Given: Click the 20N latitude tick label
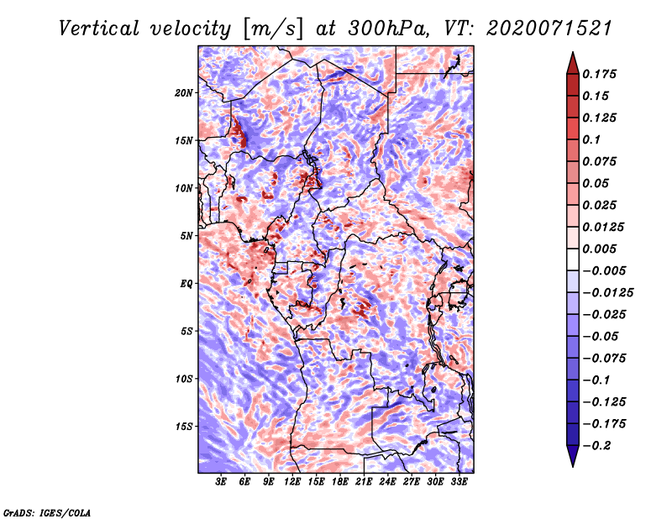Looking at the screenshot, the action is coord(184,93).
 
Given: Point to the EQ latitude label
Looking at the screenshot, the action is coord(186,284).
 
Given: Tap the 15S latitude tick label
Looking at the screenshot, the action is coord(184,427).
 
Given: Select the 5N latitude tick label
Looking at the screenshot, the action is coord(186,236).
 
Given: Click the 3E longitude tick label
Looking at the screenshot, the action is coord(221,481).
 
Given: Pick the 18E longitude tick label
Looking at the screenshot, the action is coord(340,481).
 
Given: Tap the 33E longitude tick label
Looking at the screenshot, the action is coord(459,481).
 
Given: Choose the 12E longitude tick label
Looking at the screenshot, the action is coord(292,481).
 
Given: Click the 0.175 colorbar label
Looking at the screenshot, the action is coord(599,74).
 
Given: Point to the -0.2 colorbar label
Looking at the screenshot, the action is coord(596,446).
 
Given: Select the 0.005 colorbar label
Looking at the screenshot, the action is coord(599,249).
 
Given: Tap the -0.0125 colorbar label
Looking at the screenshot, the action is coord(607,293).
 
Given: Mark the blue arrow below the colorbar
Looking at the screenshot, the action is coord(573,455).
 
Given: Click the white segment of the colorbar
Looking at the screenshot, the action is coord(573,259).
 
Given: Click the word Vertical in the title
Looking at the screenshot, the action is coord(99,29).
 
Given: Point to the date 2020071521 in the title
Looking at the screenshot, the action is coord(549,29).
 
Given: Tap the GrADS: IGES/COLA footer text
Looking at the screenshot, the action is coord(47,512).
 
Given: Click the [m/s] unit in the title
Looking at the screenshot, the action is coord(272,29).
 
